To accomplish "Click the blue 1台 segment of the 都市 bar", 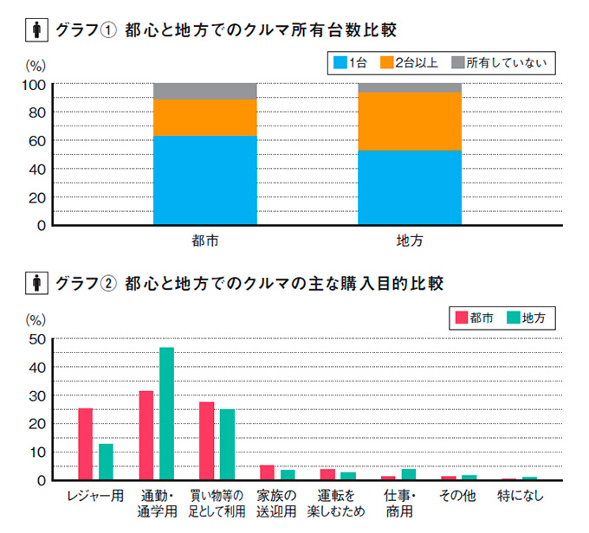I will pos(205,180).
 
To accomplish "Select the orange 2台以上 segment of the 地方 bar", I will pos(410,121).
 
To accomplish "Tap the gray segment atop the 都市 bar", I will pos(205,91).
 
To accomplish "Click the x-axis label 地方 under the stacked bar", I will pos(410,241).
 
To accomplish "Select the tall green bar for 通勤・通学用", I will pos(166,413).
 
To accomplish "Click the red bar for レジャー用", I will pos(86,443).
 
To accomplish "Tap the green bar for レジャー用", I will pos(106,461).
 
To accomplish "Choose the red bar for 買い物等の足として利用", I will pos(206,440).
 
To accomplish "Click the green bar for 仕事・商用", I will pos(409,474).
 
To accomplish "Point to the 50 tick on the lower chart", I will pos(37,340).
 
